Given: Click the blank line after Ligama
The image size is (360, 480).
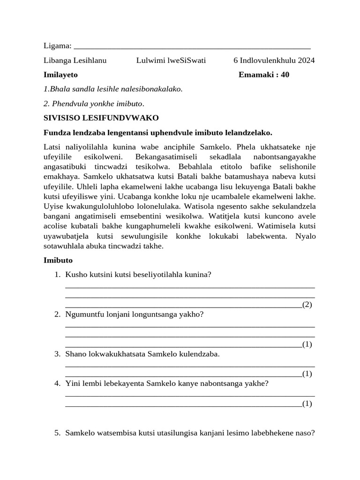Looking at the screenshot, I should coord(192,48).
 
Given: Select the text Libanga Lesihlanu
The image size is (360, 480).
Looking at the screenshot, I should coord(75,60).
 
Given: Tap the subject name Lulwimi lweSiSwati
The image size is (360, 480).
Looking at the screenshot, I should coord(171,60).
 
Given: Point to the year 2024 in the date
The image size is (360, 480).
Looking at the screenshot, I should coord(306,60).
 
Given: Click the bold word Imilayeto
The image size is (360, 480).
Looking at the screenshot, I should coord(60,75).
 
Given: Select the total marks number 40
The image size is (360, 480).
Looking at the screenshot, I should coord(285,75).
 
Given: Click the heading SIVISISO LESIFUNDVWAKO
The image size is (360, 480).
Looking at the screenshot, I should coord(101,118).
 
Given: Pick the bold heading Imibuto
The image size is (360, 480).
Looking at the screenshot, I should coord(58,260).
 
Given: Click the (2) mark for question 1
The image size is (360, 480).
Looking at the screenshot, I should coord(307,305).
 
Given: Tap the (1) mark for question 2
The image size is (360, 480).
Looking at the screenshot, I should coord(307,345).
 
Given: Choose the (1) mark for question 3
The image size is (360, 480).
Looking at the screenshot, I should coord(307,374).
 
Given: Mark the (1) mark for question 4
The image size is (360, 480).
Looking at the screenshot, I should coord(307,403).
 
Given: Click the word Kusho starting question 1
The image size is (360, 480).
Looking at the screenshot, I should coord(75,274).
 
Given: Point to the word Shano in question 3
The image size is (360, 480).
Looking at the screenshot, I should coord(75,354).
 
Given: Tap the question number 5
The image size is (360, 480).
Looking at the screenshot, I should coord(57,433).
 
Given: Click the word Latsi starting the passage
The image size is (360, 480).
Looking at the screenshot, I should coord(52,147).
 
